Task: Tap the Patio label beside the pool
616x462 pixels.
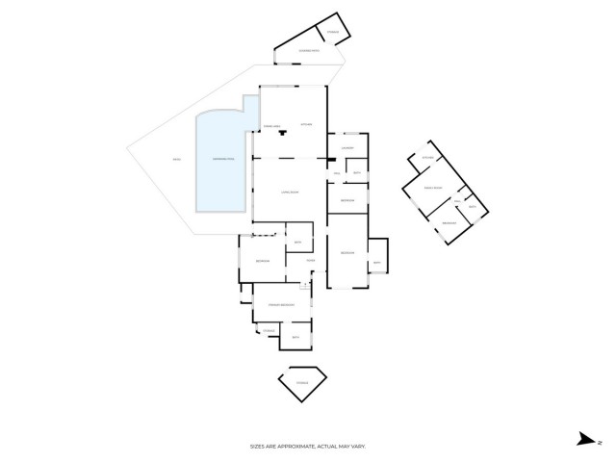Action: point(176,159)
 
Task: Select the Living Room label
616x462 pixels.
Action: point(286,192)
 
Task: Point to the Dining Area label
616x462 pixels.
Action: point(272,126)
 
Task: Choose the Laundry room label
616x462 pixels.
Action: point(348,148)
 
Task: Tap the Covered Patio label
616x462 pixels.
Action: point(309,50)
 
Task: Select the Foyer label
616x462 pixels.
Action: point(311,261)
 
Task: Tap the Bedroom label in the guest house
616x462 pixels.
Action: point(449,223)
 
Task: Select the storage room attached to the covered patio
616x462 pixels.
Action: point(334,33)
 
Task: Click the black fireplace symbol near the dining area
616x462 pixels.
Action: point(282,133)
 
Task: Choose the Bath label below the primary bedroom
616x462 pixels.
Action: point(296,337)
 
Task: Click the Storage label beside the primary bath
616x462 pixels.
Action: point(269,331)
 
